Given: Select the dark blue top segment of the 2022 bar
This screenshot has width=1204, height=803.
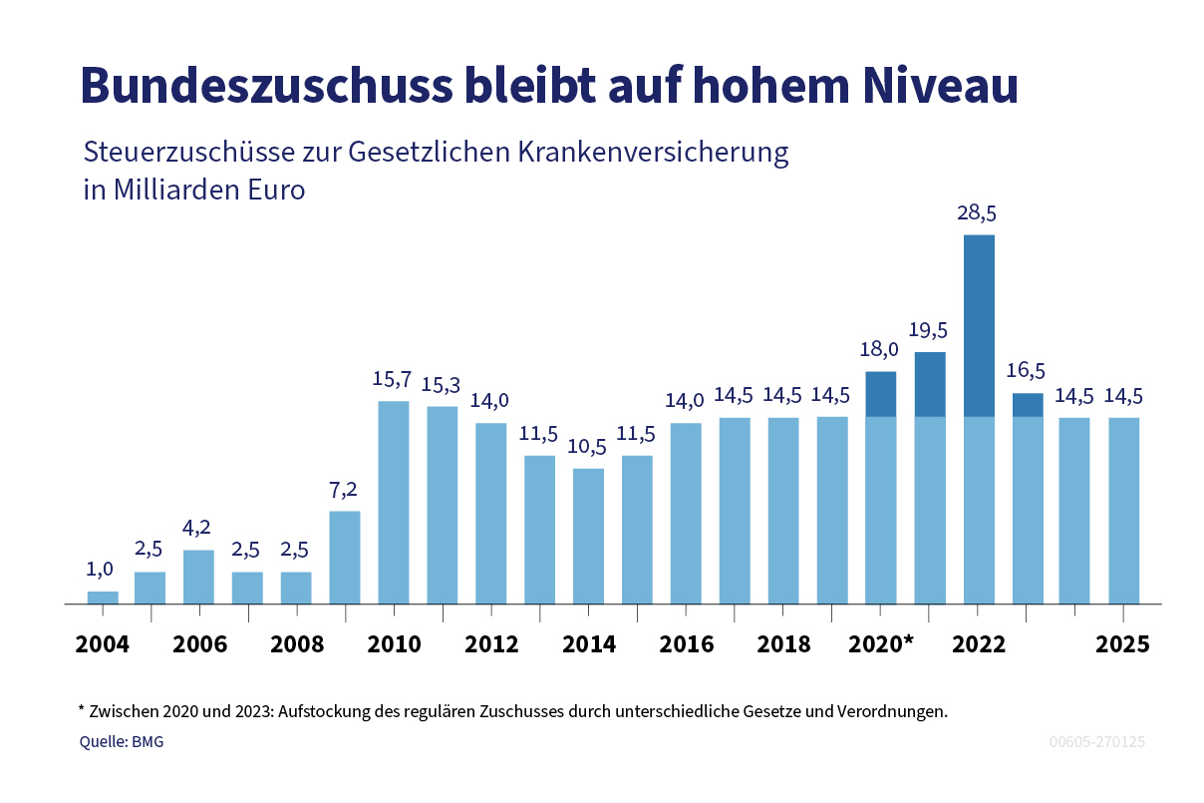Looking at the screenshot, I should pyautogui.click(x=979, y=325).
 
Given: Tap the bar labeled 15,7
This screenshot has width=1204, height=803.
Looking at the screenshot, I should pyautogui.click(x=394, y=502).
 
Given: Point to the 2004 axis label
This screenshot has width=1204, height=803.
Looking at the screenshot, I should pyautogui.click(x=102, y=643).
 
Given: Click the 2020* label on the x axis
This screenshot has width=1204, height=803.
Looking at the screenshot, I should pyautogui.click(x=881, y=643).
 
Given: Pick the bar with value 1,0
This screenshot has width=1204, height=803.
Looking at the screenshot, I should pyautogui.click(x=103, y=598).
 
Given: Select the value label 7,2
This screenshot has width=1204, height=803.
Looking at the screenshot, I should pyautogui.click(x=345, y=490).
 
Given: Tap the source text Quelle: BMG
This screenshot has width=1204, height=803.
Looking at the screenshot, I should pyautogui.click(x=122, y=742).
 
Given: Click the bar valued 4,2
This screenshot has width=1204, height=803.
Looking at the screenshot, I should pyautogui.click(x=198, y=577).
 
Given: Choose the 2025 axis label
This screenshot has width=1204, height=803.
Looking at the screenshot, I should pyautogui.click(x=1122, y=643).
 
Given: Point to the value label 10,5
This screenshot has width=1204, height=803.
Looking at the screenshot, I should pyautogui.click(x=588, y=446).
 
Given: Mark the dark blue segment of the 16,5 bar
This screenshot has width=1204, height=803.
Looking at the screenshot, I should pyautogui.click(x=1028, y=405).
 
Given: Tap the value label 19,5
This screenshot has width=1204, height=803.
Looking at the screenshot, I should pyautogui.click(x=930, y=330).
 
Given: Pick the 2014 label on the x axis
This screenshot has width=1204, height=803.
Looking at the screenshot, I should pyautogui.click(x=588, y=643).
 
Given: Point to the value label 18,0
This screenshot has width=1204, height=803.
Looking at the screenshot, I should pyautogui.click(x=881, y=349).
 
